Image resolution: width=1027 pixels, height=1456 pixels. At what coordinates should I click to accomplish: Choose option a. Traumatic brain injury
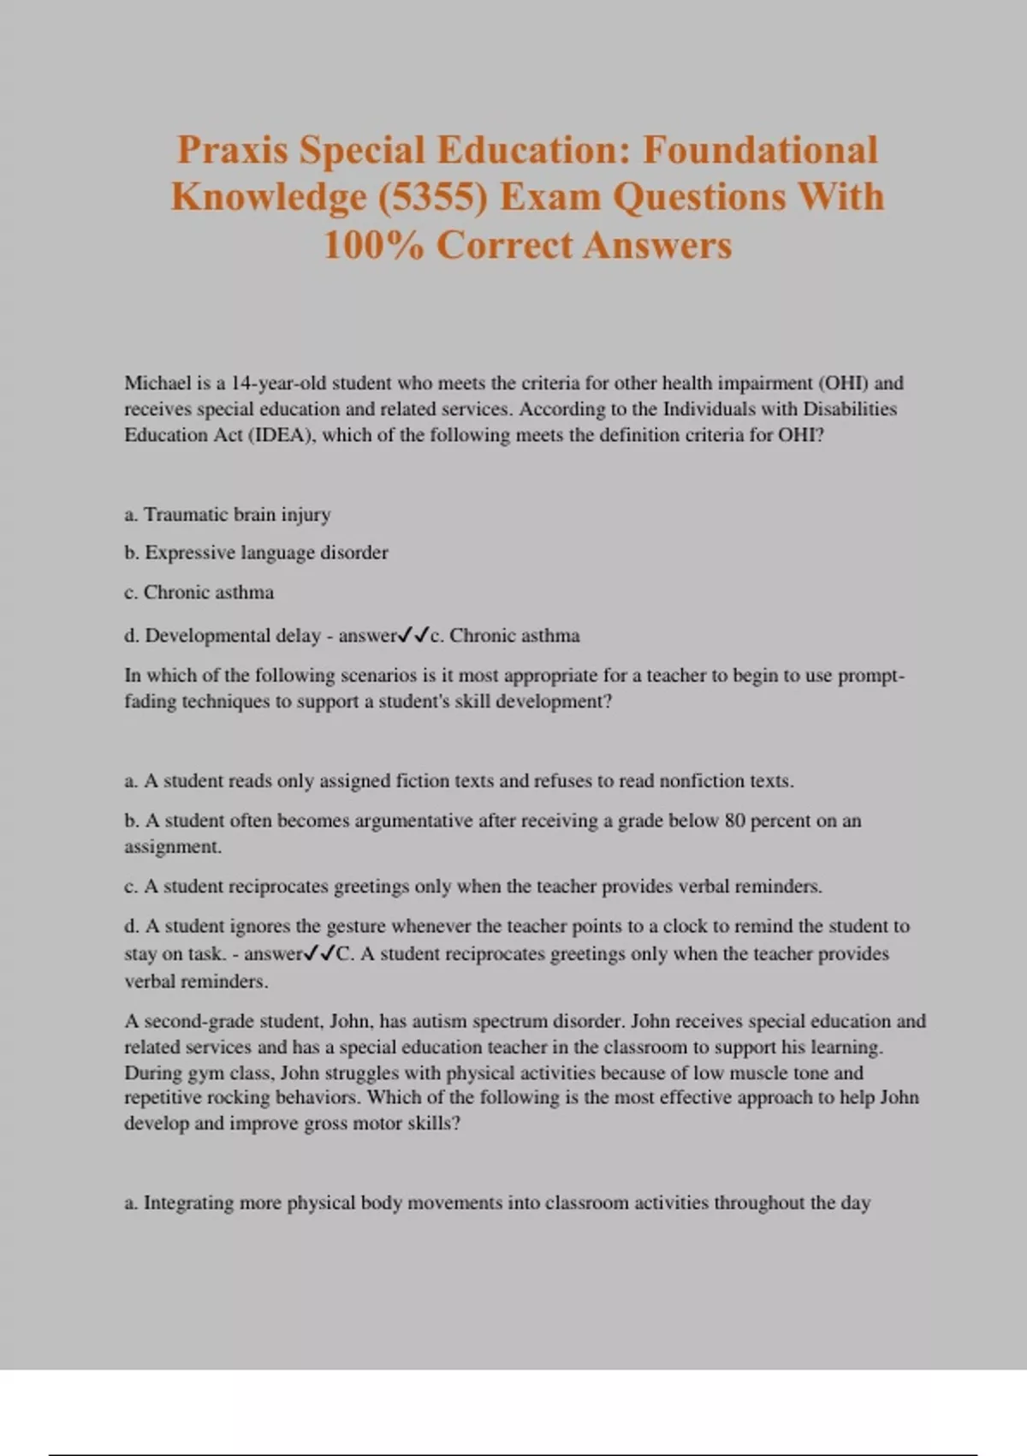point(228,515)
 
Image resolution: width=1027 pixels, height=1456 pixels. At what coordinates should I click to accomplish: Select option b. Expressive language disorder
point(256,553)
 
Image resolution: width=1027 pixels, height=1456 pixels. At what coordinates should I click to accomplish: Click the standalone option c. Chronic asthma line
point(199,593)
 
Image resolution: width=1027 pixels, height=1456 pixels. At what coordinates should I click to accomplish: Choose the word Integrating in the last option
point(188,1203)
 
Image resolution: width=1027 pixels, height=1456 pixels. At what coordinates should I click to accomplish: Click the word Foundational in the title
point(760,150)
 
